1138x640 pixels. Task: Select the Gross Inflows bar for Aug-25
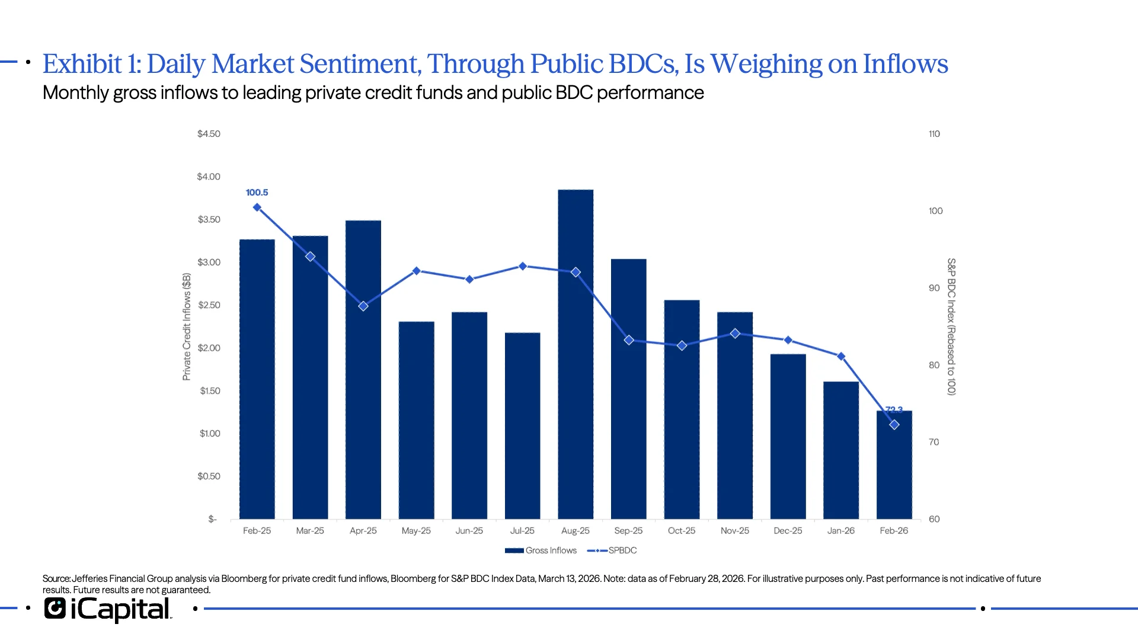tap(576, 356)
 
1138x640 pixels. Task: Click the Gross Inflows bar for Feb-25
tap(257, 379)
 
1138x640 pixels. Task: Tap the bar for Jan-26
tap(841, 450)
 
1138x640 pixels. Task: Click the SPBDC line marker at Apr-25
tap(363, 306)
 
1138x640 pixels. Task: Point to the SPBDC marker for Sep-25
tap(629, 340)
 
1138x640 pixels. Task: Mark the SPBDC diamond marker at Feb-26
tap(894, 425)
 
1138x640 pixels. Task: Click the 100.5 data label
tap(257, 193)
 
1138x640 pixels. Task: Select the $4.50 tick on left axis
tap(209, 134)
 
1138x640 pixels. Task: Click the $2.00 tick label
tap(209, 348)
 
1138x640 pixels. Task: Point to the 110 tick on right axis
tap(934, 134)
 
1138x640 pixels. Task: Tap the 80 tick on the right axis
tap(934, 365)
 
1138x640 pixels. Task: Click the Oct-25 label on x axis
tap(682, 531)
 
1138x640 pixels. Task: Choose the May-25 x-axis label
tap(416, 531)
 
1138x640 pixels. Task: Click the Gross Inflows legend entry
tap(541, 551)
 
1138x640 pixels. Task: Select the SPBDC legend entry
tap(612, 551)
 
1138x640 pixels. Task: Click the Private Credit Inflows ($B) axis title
tap(187, 327)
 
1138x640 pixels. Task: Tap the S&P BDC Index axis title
tap(951, 327)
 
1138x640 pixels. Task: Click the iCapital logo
tap(108, 609)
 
